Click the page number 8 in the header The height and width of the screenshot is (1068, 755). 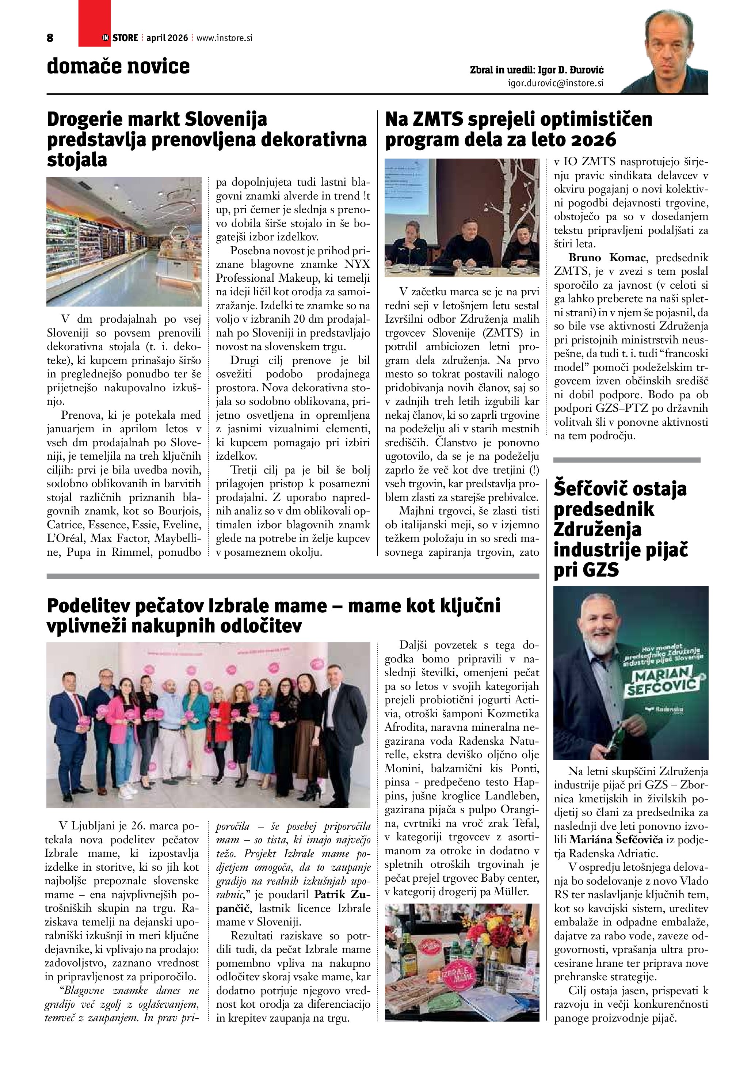point(50,38)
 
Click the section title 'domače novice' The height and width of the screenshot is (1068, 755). point(118,66)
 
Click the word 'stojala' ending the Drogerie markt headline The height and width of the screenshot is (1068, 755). point(77,160)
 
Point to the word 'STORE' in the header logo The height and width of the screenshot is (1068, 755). point(125,38)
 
